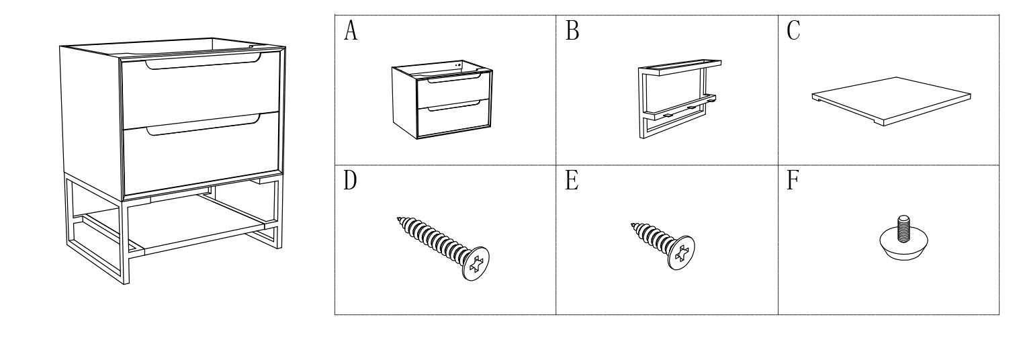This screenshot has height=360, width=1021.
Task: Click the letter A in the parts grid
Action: coord(350,32)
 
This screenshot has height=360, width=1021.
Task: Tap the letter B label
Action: coord(572,32)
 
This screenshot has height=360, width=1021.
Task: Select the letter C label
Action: coord(794,32)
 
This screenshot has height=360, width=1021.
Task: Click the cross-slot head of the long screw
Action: coord(476,263)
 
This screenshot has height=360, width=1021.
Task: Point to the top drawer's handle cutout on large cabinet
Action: coord(202,66)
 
